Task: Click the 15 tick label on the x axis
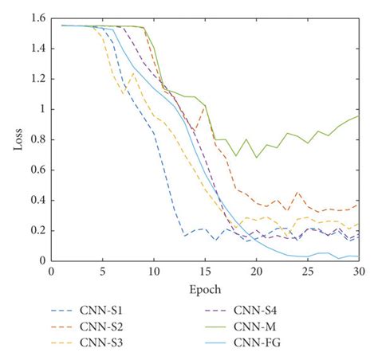(205, 272)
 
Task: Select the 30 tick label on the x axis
(358, 272)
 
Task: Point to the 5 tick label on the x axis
(102, 272)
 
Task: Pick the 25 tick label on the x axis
(307, 272)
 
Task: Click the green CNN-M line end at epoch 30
(358, 116)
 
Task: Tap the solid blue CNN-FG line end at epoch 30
(358, 256)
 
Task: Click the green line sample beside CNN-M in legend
(231, 326)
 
